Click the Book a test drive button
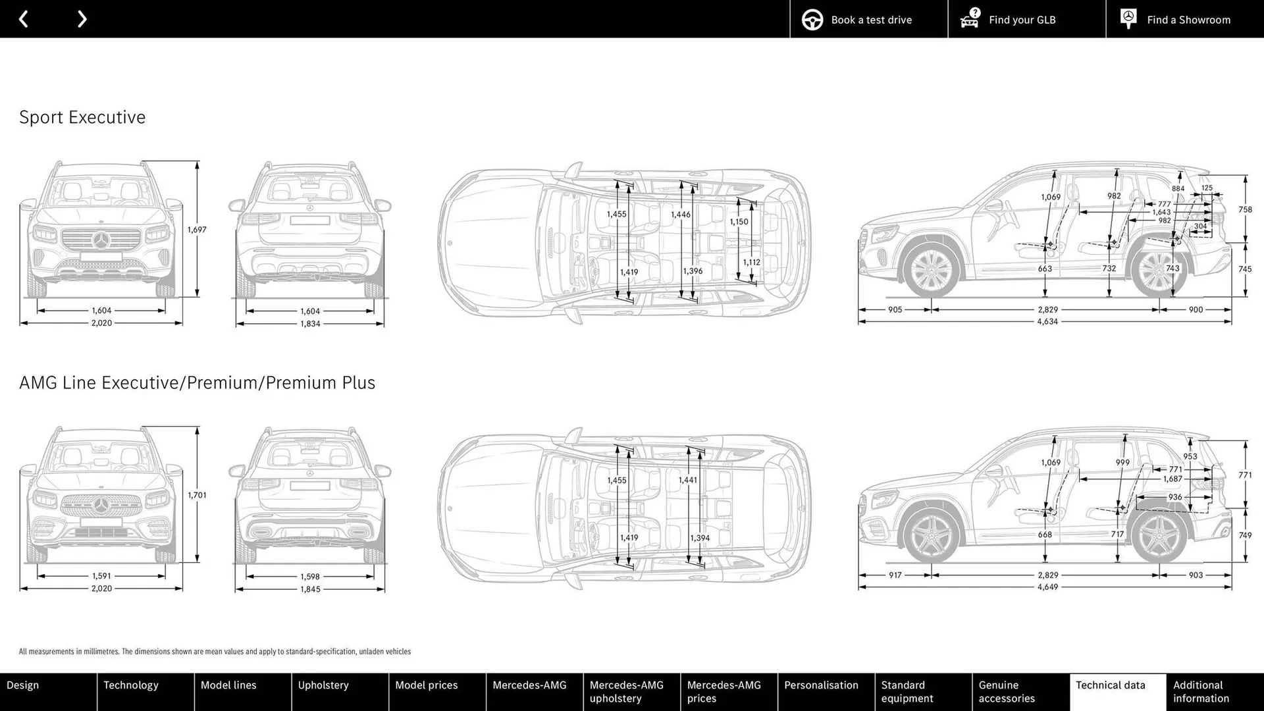[x=869, y=20]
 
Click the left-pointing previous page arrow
[x=24, y=19]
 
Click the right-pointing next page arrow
[x=82, y=19]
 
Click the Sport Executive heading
[x=82, y=117]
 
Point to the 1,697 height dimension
[x=197, y=230]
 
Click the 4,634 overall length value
[x=1047, y=322]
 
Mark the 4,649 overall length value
[x=1047, y=587]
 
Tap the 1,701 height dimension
[x=197, y=495]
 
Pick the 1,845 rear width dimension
[x=310, y=589]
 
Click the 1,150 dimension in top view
[x=739, y=222]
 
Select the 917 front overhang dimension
[x=895, y=575]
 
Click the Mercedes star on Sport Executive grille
[x=101, y=240]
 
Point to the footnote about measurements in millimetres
[x=215, y=652]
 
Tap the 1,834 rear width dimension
[x=310, y=324]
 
